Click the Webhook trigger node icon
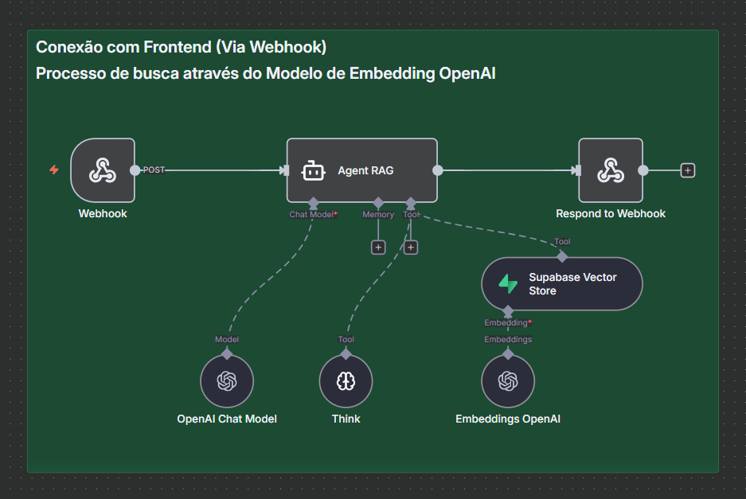click(x=103, y=170)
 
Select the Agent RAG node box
click(x=362, y=170)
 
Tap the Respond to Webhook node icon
click(x=610, y=170)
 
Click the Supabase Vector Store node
click(x=561, y=284)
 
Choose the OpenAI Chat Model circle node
click(x=227, y=382)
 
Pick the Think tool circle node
click(x=346, y=382)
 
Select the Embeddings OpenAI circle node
click(x=508, y=382)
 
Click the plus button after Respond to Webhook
click(x=688, y=170)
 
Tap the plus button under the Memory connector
click(x=378, y=248)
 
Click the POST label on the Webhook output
click(x=154, y=170)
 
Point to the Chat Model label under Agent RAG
click(x=312, y=215)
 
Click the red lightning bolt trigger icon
click(x=54, y=170)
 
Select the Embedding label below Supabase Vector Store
click(x=507, y=323)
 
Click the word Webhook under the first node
click(x=103, y=214)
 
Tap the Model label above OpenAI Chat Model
click(x=227, y=340)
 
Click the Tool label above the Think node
click(x=346, y=340)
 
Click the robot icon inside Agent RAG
click(x=313, y=170)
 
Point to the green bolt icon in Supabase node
click(x=508, y=284)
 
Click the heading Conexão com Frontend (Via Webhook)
click(x=181, y=47)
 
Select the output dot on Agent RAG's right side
click(x=437, y=170)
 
